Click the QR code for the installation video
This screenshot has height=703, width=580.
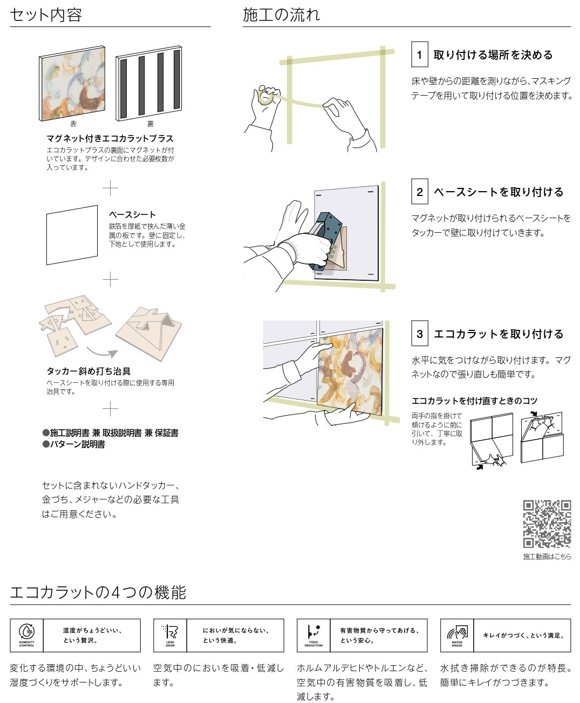click(x=547, y=524)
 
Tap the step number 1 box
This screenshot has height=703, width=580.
click(x=419, y=55)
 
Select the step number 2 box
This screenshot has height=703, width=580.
click(x=419, y=192)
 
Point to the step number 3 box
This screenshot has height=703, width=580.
click(x=419, y=334)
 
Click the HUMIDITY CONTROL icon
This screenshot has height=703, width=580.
click(x=26, y=634)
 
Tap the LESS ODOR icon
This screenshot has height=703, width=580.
click(x=170, y=634)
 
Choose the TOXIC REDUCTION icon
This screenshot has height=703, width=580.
click(x=313, y=634)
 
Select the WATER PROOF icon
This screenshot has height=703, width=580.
click(x=457, y=634)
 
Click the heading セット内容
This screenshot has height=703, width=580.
click(x=46, y=15)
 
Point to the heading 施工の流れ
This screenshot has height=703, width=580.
click(x=281, y=15)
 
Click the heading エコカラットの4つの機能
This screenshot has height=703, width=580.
click(x=98, y=592)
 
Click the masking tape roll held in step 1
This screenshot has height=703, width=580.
click(x=265, y=97)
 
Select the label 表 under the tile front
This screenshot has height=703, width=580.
click(x=73, y=124)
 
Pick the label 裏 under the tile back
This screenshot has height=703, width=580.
click(x=151, y=124)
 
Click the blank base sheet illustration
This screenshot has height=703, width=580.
click(x=72, y=235)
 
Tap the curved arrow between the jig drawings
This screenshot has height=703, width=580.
click(x=103, y=352)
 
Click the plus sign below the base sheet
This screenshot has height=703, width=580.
click(x=110, y=279)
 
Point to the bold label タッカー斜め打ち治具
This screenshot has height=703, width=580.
click(x=88, y=371)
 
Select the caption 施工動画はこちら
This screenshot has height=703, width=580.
click(x=547, y=556)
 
